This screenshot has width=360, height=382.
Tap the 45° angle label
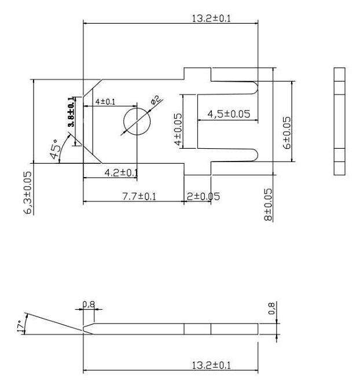57,149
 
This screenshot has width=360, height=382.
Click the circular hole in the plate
137,122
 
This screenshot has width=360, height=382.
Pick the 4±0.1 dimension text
105,102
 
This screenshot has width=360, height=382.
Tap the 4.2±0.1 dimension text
120,172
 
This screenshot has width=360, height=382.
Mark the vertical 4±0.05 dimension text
178,128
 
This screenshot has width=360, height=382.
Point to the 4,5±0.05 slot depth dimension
229,114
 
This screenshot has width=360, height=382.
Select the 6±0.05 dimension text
286,133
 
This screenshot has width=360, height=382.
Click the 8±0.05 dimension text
267,204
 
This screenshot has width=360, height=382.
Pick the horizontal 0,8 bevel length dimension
89,303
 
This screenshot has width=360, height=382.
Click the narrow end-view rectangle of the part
340,121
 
